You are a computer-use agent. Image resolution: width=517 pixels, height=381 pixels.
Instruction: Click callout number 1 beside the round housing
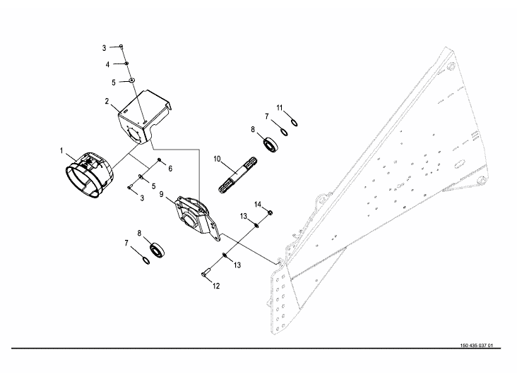coord(61,151)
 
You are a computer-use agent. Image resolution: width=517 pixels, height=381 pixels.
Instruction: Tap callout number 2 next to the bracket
coord(107,102)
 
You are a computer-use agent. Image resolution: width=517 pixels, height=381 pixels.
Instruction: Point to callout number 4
coord(107,64)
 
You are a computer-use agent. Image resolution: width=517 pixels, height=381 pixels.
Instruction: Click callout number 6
coord(170,168)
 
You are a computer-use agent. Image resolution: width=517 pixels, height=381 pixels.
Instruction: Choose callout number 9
coord(161,194)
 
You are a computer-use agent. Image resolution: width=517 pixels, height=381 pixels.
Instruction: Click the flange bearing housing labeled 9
coord(195,213)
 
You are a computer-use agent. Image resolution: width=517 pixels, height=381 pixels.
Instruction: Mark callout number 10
coord(218,159)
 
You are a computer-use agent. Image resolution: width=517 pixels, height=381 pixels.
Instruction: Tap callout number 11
coord(280,108)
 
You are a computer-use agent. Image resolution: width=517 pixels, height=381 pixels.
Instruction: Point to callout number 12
coord(217,286)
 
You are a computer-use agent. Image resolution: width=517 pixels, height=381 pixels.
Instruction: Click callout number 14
coord(258,205)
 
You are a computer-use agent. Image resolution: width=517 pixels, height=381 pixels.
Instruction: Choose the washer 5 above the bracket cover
coord(132,82)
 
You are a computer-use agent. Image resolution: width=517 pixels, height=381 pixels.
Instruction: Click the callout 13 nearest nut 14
coord(242,215)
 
